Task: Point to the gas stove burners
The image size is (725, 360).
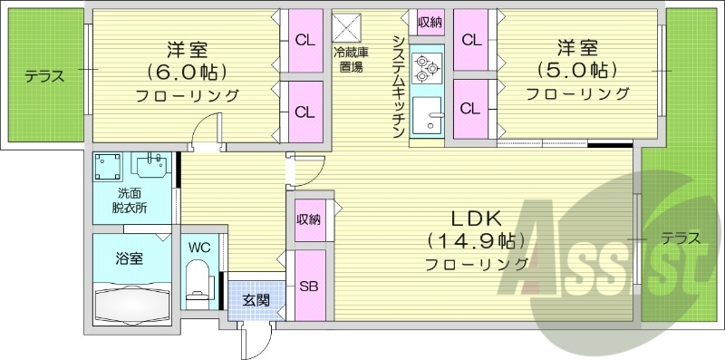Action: click(x=425, y=65)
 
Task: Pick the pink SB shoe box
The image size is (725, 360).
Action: click(x=308, y=284)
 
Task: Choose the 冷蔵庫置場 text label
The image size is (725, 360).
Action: click(x=349, y=58)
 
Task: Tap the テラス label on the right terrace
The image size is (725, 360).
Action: click(x=680, y=239)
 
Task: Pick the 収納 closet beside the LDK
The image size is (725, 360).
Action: click(x=308, y=219)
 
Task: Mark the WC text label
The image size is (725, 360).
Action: click(x=199, y=246)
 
